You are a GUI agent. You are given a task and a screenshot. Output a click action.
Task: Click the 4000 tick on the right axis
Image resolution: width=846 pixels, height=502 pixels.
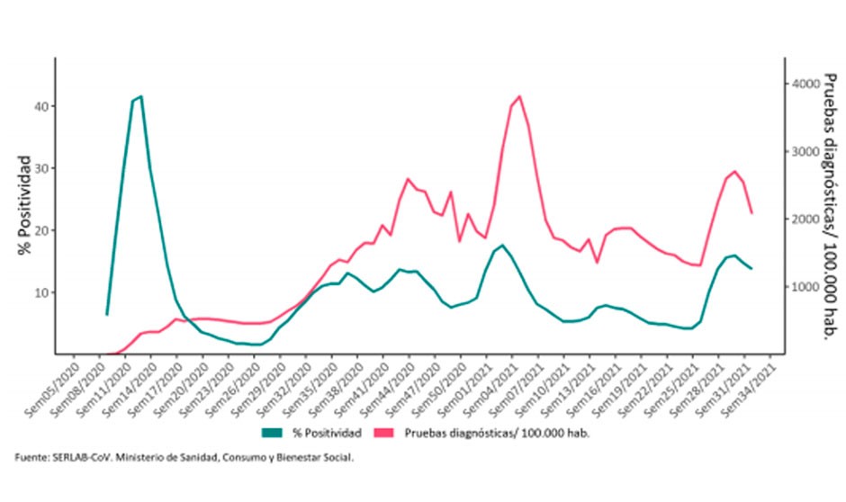[x=804, y=84]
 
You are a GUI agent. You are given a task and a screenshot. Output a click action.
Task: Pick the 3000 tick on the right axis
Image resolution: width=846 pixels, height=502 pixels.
[x=804, y=151]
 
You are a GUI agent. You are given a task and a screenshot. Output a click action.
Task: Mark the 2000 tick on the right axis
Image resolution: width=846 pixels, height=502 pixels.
[x=804, y=220]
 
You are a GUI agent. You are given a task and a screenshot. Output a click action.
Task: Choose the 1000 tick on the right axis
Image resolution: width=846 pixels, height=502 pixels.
[x=804, y=287]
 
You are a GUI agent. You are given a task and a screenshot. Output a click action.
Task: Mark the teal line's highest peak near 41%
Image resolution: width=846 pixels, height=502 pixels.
[x=141, y=96]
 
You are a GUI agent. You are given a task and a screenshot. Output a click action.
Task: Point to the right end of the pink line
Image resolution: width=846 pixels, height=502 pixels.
[x=751, y=213]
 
